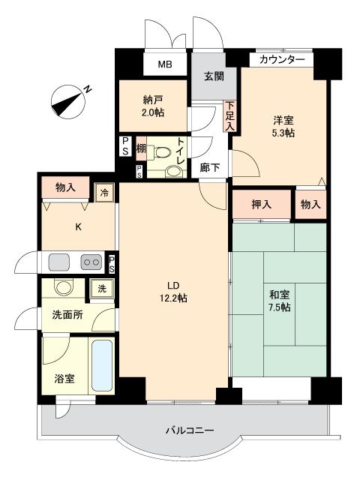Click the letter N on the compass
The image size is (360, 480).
88,89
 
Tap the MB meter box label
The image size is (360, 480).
165,64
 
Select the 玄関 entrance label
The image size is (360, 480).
214,76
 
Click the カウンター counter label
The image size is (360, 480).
282,60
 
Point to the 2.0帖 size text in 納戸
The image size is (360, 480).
153,112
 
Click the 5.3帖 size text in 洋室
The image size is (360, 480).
283,133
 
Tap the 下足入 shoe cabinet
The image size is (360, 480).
229,116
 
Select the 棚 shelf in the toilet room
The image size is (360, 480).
141,149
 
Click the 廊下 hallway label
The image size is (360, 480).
210,167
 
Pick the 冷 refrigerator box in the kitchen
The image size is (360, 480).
104,193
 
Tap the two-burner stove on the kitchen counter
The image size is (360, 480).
91,262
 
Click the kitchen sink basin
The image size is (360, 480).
59,262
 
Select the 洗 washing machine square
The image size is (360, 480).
102,289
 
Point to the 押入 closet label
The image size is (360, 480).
262,204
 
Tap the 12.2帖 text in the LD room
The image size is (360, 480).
173,298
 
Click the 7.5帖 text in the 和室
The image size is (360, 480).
280,307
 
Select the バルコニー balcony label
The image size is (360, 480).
190,430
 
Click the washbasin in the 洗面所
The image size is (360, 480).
64,286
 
